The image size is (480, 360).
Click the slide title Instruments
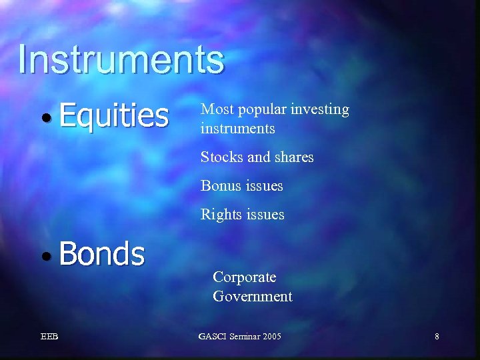click(x=121, y=59)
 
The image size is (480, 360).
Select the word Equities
click(x=113, y=115)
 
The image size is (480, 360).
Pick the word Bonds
click(x=101, y=254)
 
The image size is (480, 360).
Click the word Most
click(x=215, y=109)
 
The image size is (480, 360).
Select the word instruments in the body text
click(x=238, y=128)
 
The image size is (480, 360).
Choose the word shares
click(x=291, y=157)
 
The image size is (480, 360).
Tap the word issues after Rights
click(x=265, y=215)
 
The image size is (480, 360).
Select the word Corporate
click(x=244, y=277)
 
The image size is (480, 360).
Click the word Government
click(x=253, y=296)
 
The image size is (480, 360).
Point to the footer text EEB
click(x=49, y=337)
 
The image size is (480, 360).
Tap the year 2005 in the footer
click(x=271, y=337)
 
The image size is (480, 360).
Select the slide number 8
click(x=437, y=337)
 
